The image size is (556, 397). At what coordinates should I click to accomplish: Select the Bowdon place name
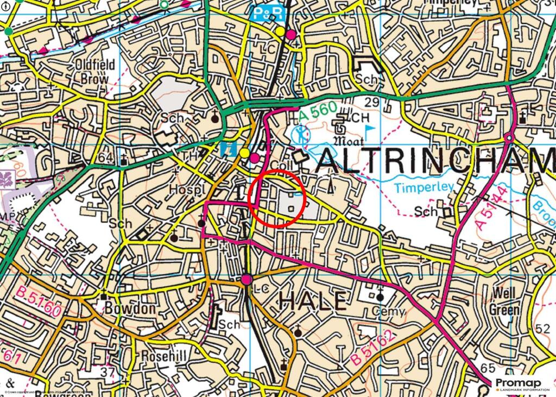pyautogui.click(x=130, y=308)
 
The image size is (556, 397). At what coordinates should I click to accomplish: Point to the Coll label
pyautogui.click(x=282, y=165)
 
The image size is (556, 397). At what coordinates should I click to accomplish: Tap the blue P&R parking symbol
pyautogui.click(x=263, y=13)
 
